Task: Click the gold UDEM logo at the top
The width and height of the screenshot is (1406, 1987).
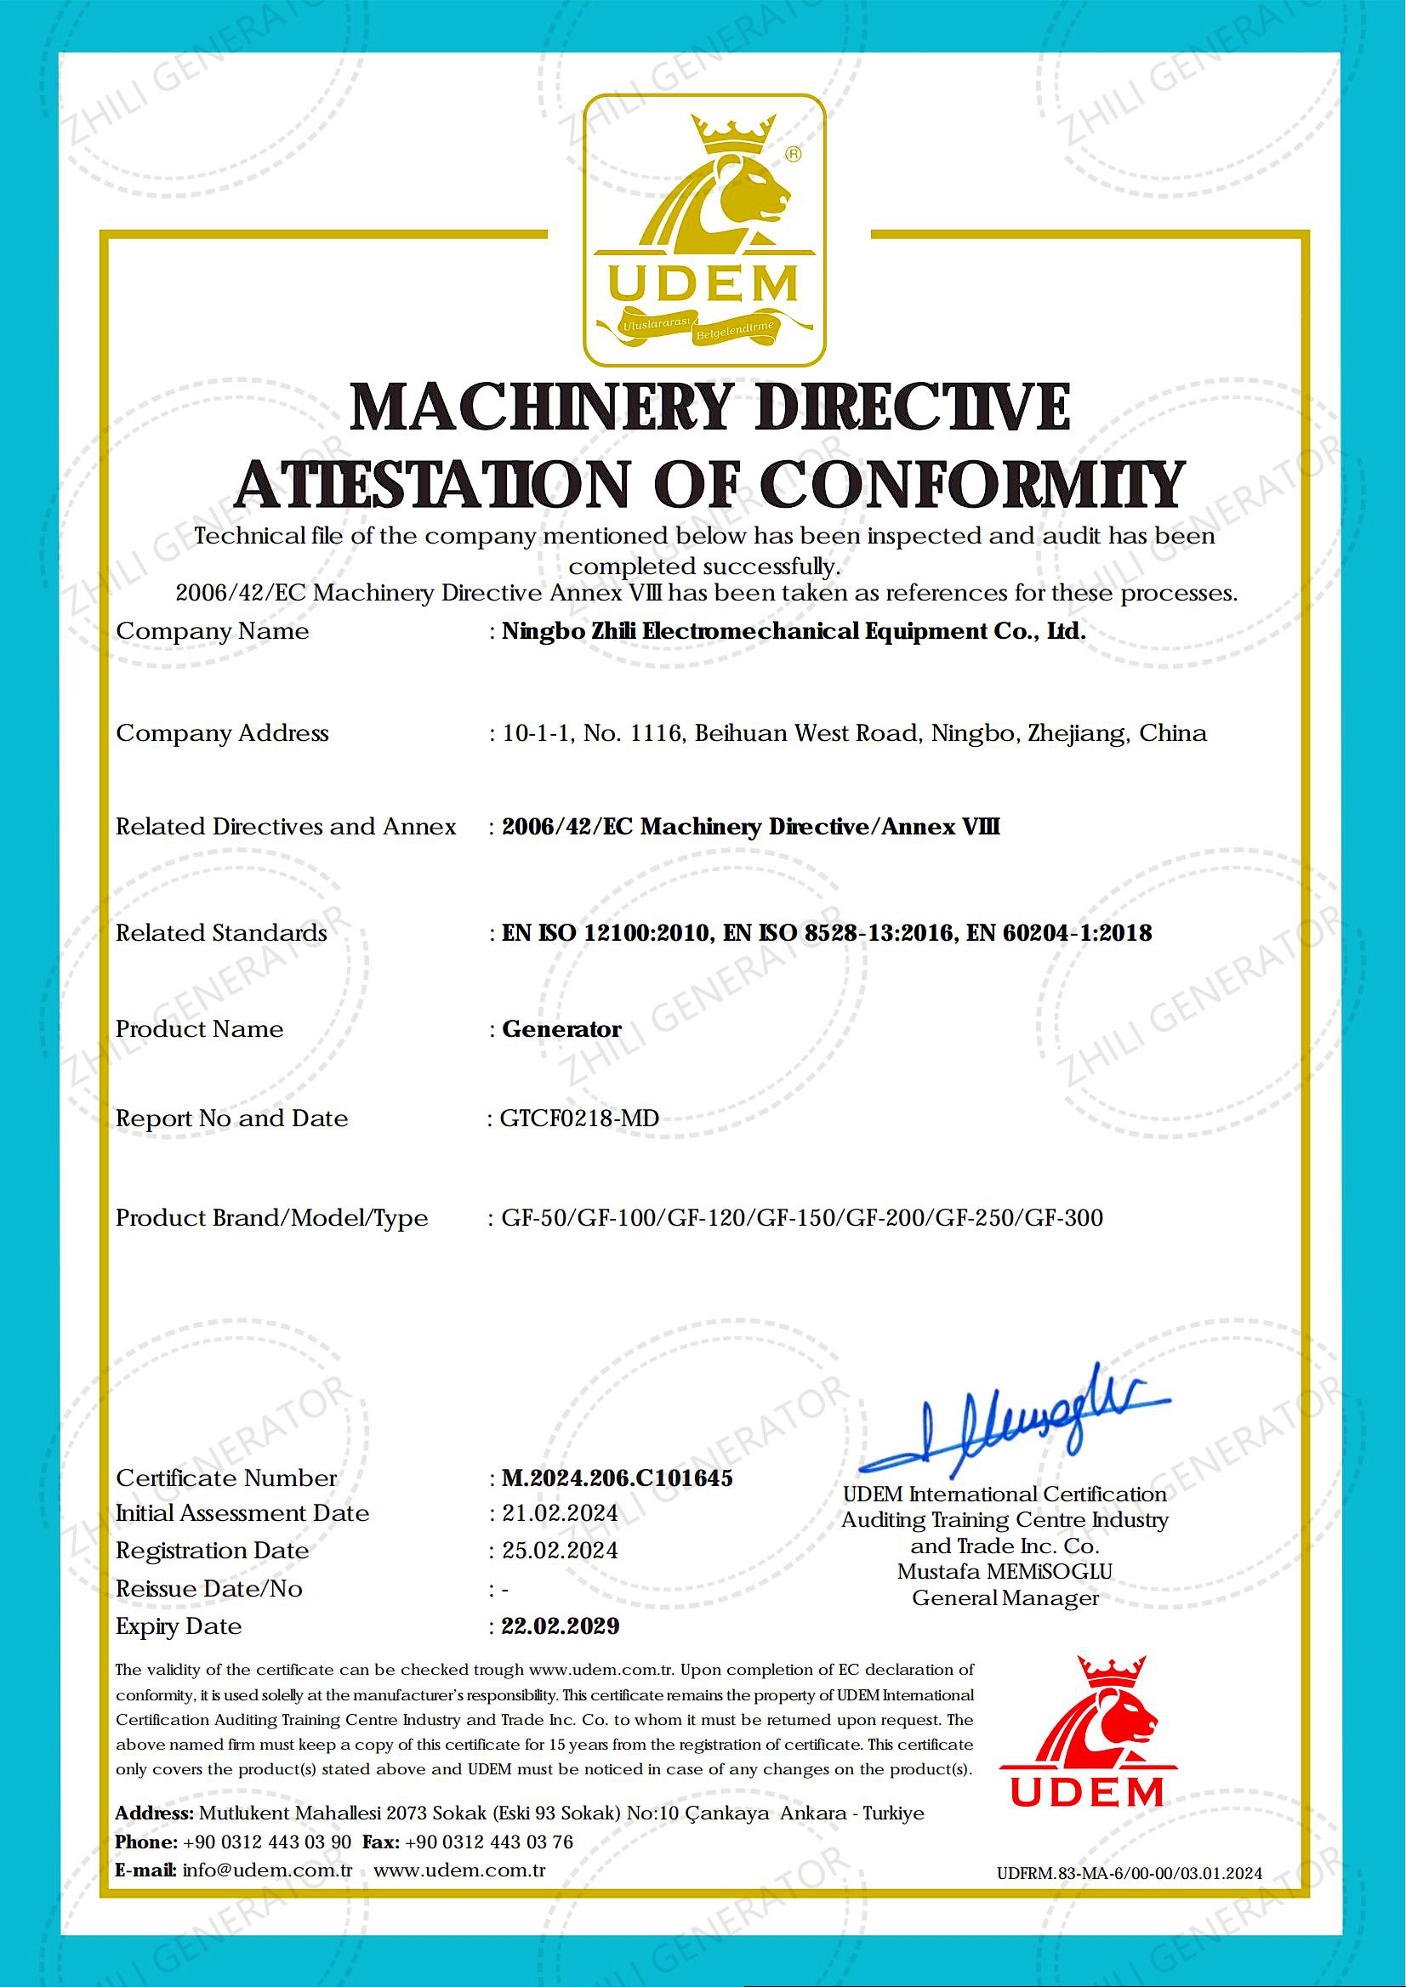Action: pos(704,231)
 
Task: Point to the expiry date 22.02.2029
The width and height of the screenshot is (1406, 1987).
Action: pos(561,1626)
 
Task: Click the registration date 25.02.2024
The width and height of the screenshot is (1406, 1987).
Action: pos(561,1550)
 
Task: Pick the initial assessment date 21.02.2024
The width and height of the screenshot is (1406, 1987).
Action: pos(561,1513)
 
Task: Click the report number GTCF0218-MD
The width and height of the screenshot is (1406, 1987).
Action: pos(579,1119)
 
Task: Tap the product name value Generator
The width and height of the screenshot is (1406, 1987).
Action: pos(562,1028)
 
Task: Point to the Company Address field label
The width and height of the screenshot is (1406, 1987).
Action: pos(223,733)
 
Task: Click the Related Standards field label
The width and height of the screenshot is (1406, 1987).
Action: pos(222,932)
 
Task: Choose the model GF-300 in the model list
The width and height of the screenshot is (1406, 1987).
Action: pos(1064,1217)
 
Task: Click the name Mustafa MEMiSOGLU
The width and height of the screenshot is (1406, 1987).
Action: pos(1005,1571)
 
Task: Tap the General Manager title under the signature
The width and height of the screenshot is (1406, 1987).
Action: pos(1005,1598)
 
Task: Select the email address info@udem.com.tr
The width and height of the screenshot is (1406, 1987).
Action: pos(268,1870)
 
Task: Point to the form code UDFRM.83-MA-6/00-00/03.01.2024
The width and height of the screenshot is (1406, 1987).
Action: pos(1129,1874)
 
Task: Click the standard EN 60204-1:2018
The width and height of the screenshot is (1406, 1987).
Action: pos(1059,932)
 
